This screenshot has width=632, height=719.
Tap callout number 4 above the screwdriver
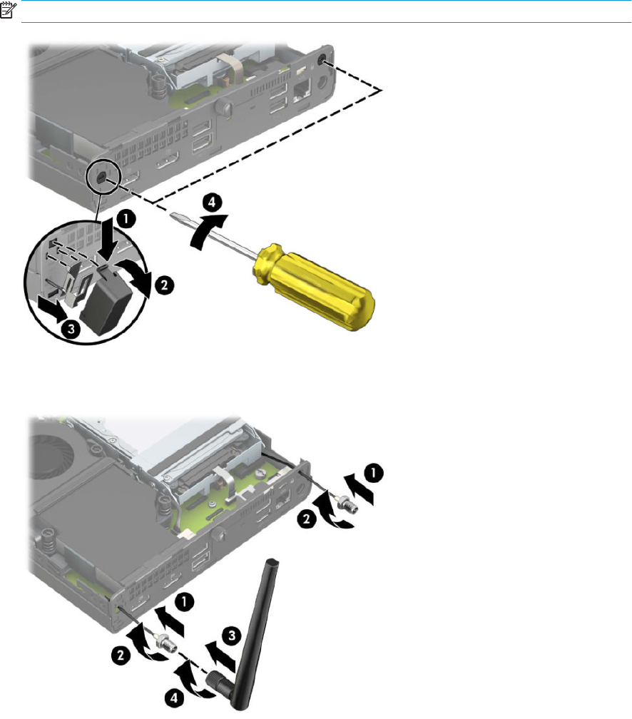[x=212, y=203]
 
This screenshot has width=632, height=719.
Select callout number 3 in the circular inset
[x=71, y=329]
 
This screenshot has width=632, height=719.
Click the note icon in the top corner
[x=8, y=9]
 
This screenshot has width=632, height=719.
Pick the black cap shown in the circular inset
[x=106, y=298]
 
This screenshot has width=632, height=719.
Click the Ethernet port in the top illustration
[x=301, y=89]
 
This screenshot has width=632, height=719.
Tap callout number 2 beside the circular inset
[x=164, y=285]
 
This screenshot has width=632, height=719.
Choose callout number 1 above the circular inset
[x=126, y=218]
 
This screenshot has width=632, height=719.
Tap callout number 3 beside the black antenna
[x=232, y=636]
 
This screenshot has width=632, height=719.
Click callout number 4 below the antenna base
[x=174, y=698]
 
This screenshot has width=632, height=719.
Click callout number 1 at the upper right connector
[x=374, y=473]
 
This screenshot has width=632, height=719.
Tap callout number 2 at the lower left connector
[x=121, y=655]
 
